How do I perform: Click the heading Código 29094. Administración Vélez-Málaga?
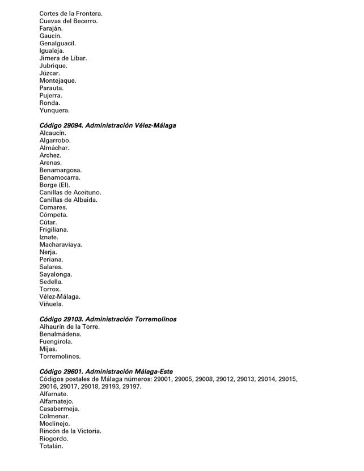coord(107,125)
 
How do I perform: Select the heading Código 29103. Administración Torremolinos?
coord(107,319)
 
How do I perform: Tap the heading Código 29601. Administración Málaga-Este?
coord(106,371)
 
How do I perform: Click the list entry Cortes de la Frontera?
coord(71,13)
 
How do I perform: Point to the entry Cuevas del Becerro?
coord(69,21)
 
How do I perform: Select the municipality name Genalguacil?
coord(58,43)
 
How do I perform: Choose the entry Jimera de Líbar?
coord(63,58)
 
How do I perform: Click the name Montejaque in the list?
coord(58,80)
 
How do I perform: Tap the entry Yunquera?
coord(54,111)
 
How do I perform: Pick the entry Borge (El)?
coord(56,185)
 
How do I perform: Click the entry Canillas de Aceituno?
coord(70,192)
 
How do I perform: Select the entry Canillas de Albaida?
coord(69,200)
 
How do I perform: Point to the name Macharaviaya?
coord(61,244)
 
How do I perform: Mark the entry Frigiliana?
coord(54,230)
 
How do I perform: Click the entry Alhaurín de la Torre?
coord(70,326)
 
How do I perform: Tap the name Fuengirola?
coord(56,342)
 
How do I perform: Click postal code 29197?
coord(131,387)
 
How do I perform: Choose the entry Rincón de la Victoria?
coord(70,431)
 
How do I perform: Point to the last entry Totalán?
coord(52,446)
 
